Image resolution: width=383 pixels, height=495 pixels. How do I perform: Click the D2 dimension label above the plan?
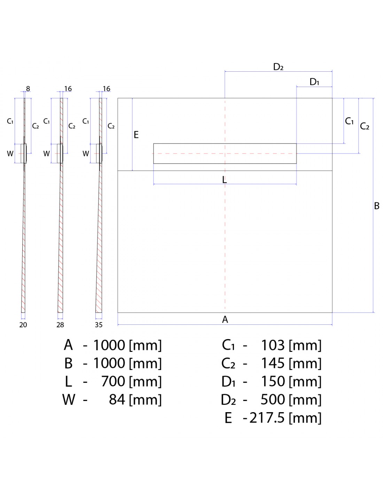[278, 67]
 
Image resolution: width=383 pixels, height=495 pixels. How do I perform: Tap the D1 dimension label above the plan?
[314, 82]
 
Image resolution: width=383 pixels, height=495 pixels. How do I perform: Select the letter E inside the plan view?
[136, 135]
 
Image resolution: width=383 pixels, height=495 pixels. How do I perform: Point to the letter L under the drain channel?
[225, 180]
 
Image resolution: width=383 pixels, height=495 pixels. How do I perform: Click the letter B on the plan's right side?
[377, 206]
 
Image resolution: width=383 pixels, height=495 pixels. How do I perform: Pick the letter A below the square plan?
[225, 320]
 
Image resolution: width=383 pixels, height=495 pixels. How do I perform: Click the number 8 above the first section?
[28, 89]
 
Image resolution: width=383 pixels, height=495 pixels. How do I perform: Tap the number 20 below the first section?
[23, 325]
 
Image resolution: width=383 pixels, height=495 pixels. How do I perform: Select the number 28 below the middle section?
[60, 325]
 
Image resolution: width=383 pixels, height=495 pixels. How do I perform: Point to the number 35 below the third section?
[99, 325]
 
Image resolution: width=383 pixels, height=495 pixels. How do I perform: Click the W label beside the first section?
[10, 154]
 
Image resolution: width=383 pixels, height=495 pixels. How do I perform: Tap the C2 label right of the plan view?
[365, 126]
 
